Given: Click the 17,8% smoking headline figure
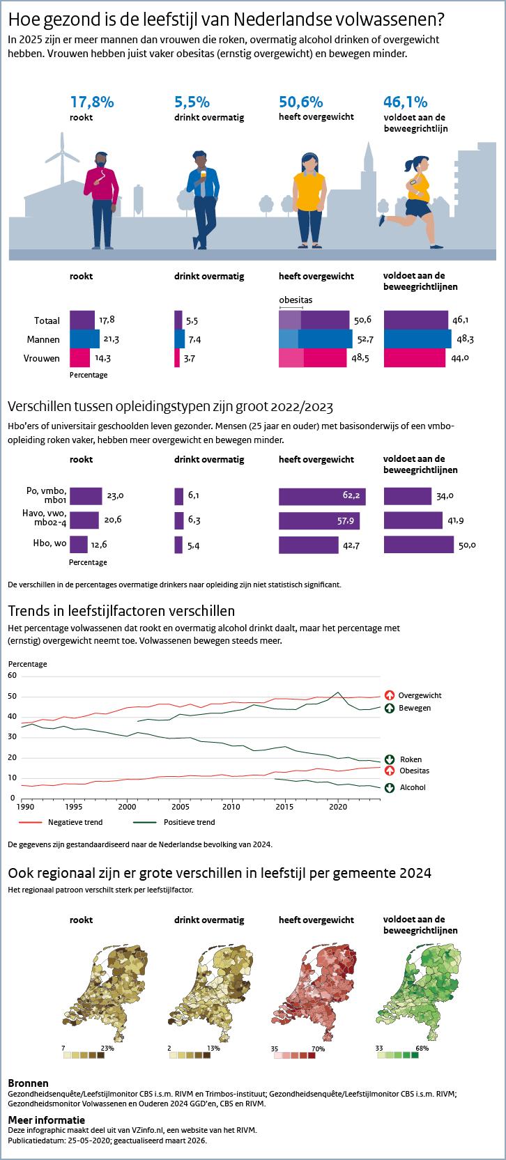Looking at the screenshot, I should (92, 102).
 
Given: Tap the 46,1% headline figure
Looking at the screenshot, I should (405, 102).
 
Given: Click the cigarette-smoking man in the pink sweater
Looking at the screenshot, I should (102, 199).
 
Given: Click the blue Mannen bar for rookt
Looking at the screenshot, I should (84, 339).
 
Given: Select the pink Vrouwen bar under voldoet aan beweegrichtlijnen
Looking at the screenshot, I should (414, 358).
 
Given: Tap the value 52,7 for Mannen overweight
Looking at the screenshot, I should (365, 339).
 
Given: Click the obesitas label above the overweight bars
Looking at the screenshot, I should (296, 300).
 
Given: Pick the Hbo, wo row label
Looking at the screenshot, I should (50, 543).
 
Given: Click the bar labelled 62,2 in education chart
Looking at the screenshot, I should (322, 496).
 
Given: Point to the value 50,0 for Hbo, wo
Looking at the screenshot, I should (467, 545).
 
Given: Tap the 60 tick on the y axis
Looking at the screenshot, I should (13, 676).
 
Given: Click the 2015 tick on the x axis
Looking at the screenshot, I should (284, 807).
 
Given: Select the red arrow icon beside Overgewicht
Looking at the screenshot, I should (390, 695).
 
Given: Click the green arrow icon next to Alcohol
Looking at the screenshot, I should (390, 787).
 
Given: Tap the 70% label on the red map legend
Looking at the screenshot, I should (318, 1049).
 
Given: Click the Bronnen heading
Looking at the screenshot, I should (28, 1083).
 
